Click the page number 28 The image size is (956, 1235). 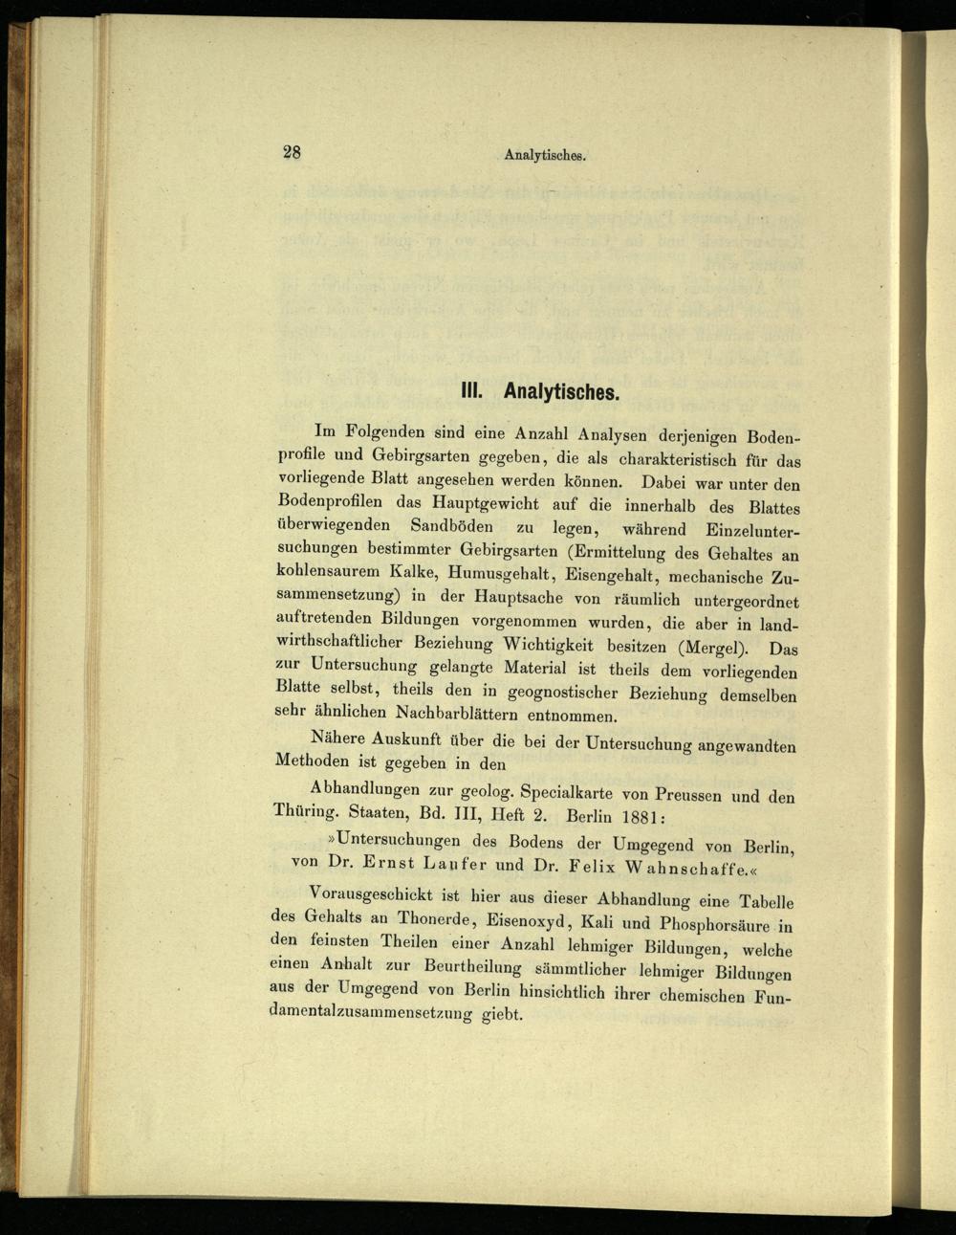coord(292,151)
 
